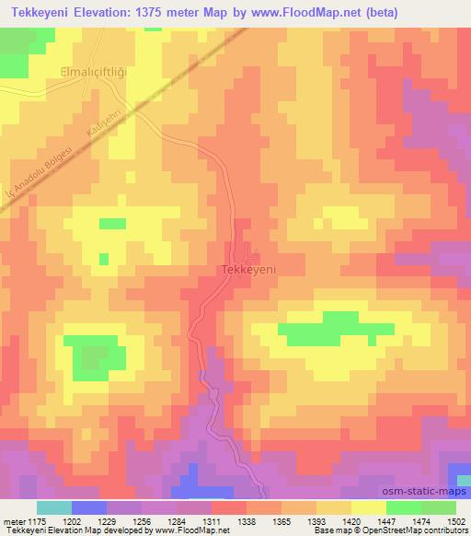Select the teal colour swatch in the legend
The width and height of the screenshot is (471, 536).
tap(54, 507)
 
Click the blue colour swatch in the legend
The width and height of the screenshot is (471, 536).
tap(89, 507)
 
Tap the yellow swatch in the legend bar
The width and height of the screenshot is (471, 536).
tap(368, 507)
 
